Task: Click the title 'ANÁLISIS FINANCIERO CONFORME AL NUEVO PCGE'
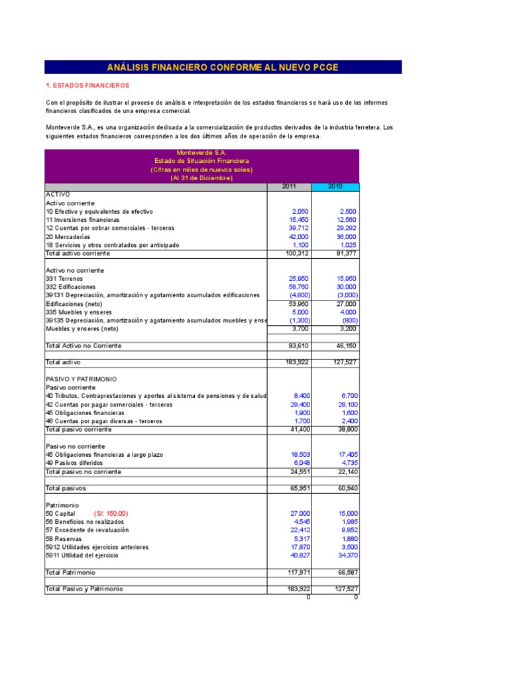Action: pyautogui.click(x=223, y=67)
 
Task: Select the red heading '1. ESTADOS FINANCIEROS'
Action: pyautogui.click(x=87, y=86)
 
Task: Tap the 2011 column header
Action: pyautogui.click(x=289, y=187)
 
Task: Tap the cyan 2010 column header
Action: pyautogui.click(x=335, y=187)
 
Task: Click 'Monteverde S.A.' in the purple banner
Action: pyautogui.click(x=201, y=152)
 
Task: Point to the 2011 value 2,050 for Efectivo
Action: pyautogui.click(x=300, y=211)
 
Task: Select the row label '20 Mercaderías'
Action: pyautogui.click(x=69, y=236)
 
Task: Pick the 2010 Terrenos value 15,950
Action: pyautogui.click(x=345, y=279)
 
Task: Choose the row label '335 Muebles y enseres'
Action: pyautogui.click(x=78, y=312)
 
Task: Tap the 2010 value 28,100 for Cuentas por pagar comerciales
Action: pyautogui.click(x=345, y=404)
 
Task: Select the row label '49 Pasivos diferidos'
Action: pyautogui.click(x=74, y=463)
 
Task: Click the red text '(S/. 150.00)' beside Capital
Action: pyautogui.click(x=111, y=513)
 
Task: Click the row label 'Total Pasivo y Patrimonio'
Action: pyautogui.click(x=84, y=589)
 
